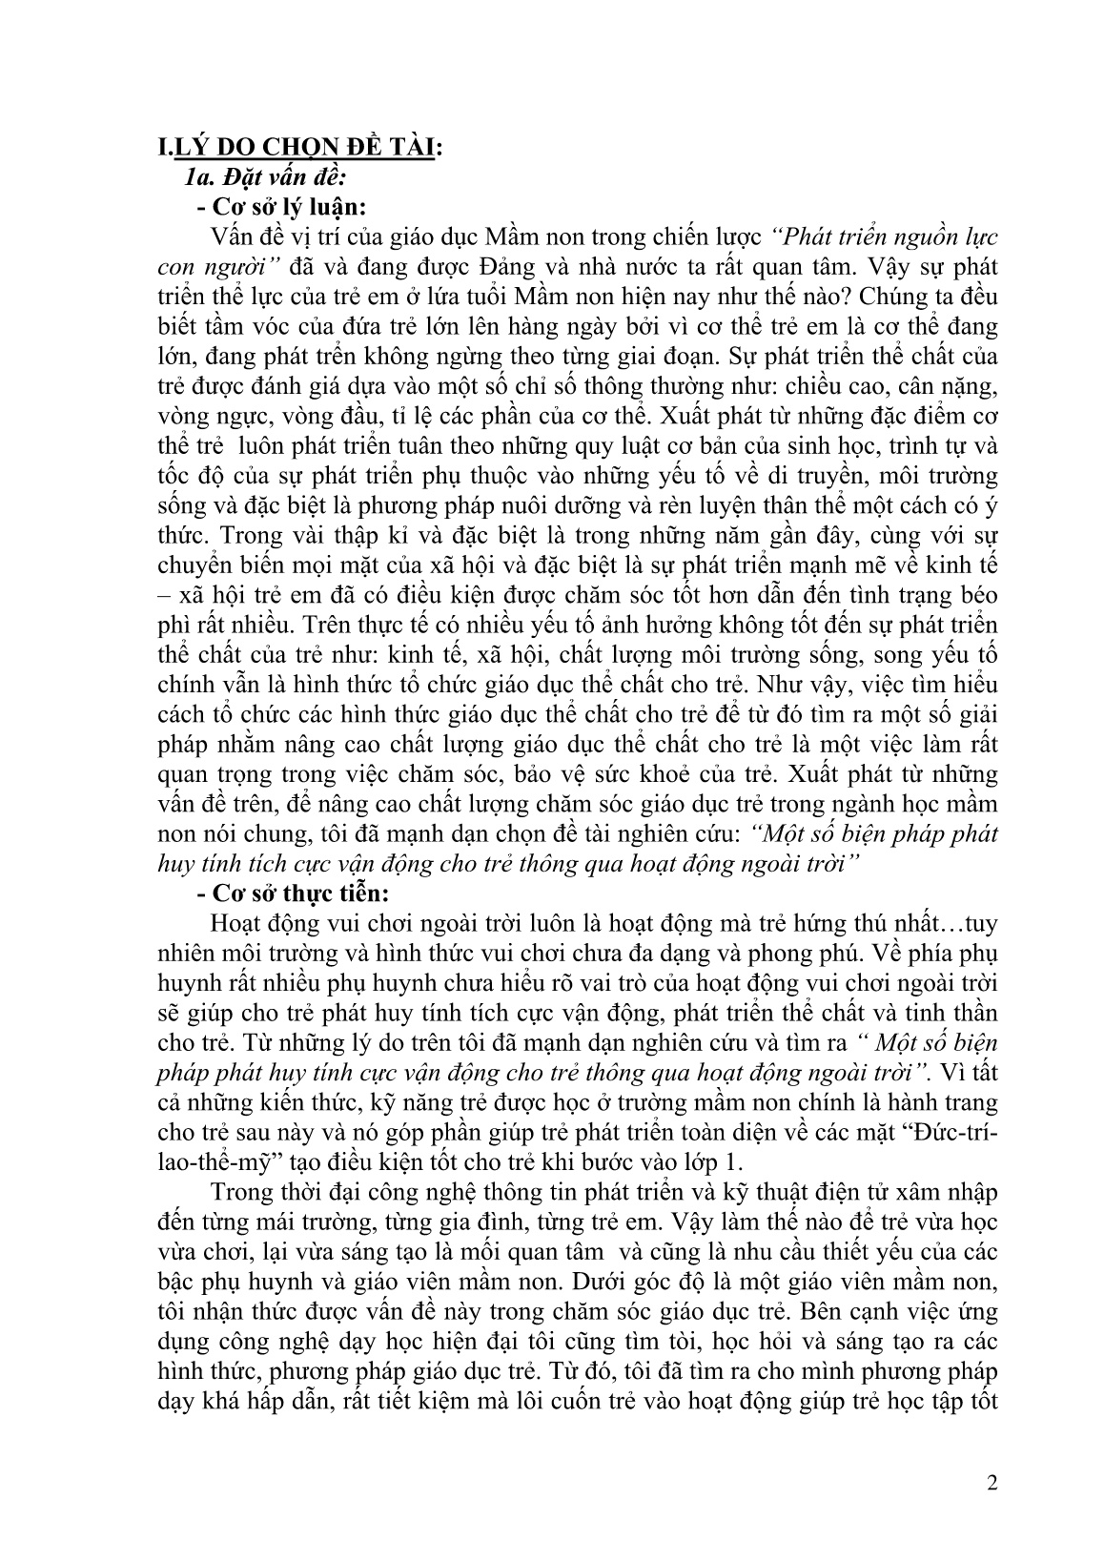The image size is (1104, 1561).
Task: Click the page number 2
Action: [x=992, y=1483]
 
